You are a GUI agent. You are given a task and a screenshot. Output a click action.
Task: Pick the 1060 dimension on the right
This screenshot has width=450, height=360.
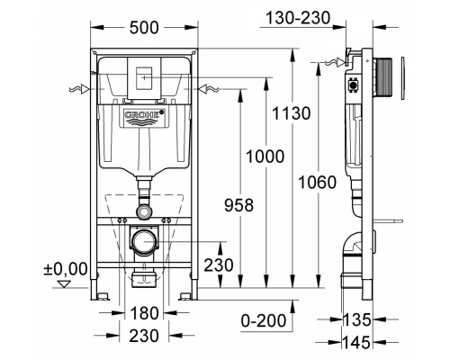pyautogui.click(x=318, y=183)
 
